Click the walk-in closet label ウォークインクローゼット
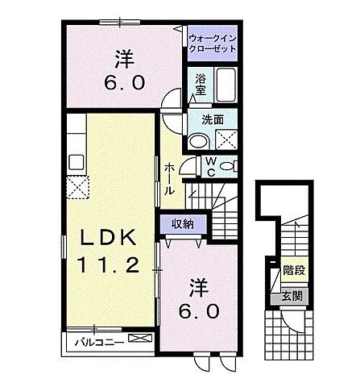pyautogui.click(x=212, y=43)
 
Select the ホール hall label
pyautogui.click(x=170, y=179)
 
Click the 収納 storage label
pyautogui.click(x=182, y=223)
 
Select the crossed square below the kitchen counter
pyautogui.click(x=78, y=188)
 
